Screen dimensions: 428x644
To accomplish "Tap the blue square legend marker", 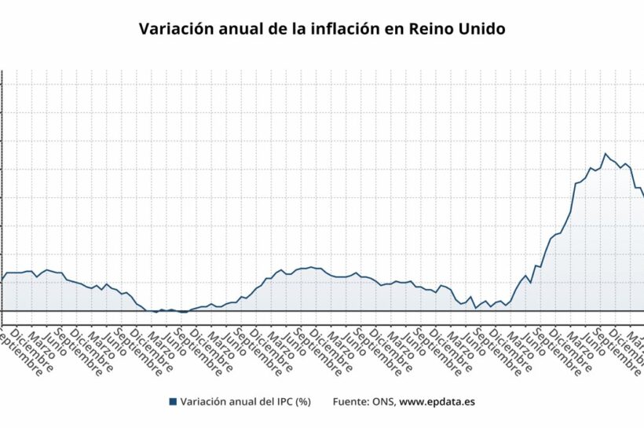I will click(x=172, y=402).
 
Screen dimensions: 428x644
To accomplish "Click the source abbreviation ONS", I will click(x=384, y=402).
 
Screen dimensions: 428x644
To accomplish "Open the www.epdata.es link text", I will click(x=437, y=402).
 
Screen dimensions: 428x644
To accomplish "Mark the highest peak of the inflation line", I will click(x=605, y=154).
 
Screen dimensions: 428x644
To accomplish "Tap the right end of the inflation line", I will click(x=642, y=195).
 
